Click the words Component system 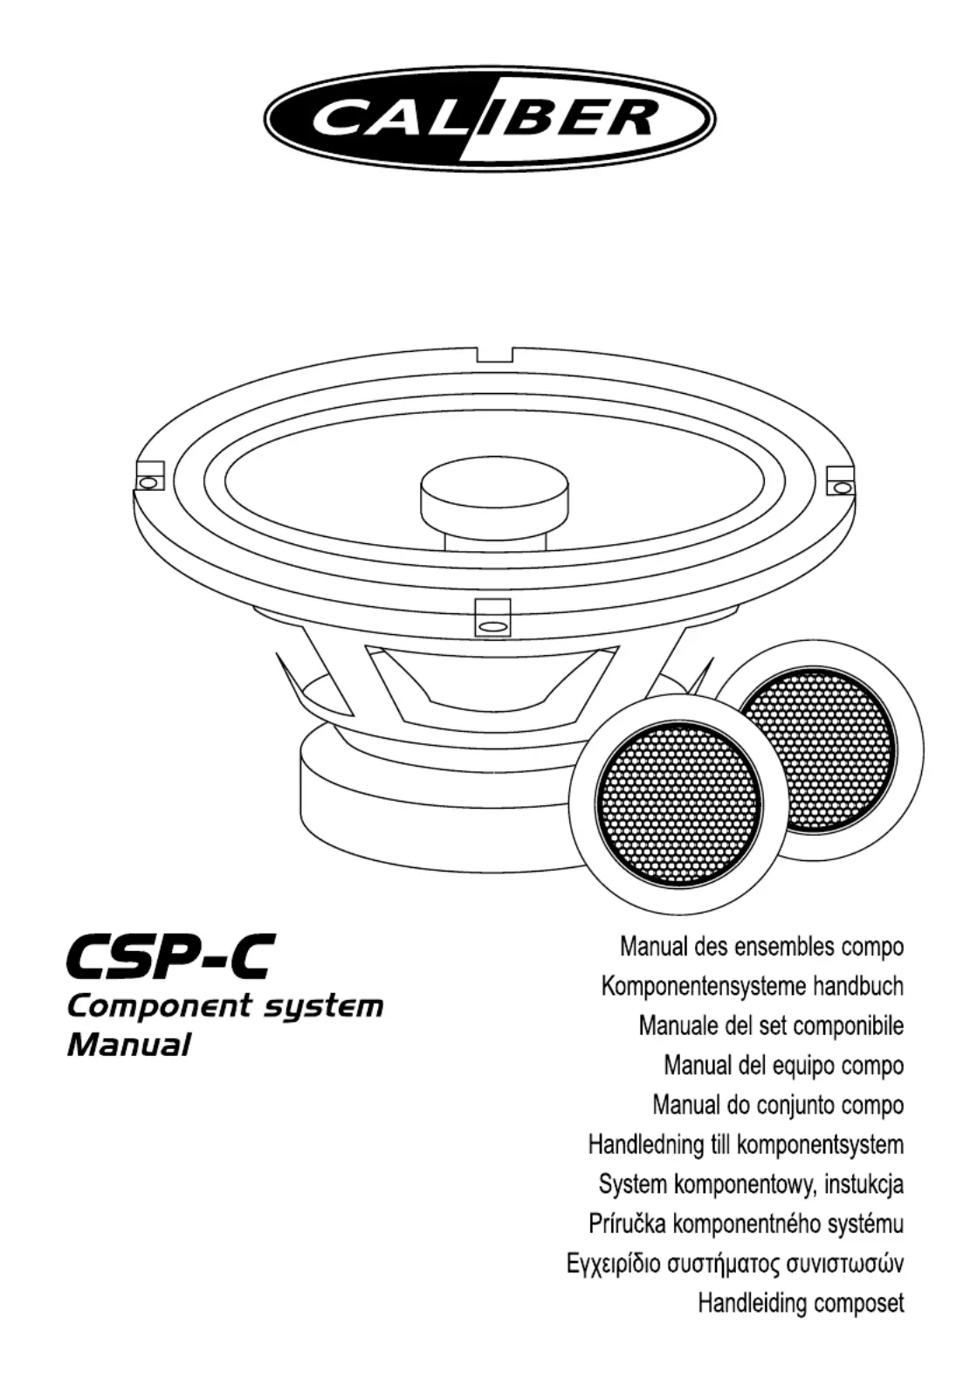pos(225,1005)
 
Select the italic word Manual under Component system pos(128,1045)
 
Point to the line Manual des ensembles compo pos(761,947)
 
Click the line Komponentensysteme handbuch pos(752,987)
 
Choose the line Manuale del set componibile pos(771,1025)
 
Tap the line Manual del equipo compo pos(783,1065)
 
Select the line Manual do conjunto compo pos(778,1106)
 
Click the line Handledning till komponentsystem pos(746,1145)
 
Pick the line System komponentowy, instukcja pos(751,1185)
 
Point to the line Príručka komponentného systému pos(747,1224)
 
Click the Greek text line pos(735,1264)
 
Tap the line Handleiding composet pos(801,1304)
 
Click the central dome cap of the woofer pos(494,493)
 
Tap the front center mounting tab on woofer pos(492,617)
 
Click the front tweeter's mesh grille pos(678,803)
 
